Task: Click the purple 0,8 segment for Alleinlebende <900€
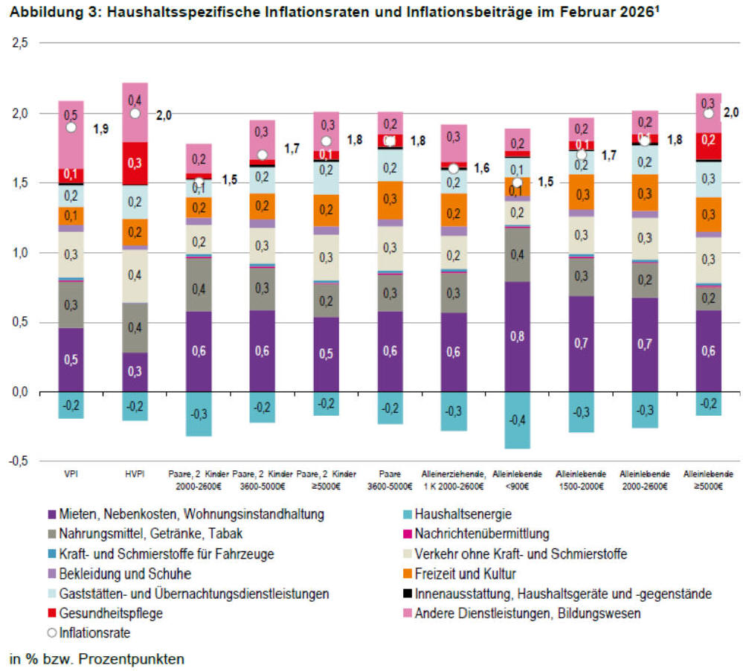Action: click(x=518, y=336)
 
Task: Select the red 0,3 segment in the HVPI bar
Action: click(x=135, y=163)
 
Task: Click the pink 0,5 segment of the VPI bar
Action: click(x=71, y=117)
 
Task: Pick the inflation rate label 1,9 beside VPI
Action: click(x=101, y=129)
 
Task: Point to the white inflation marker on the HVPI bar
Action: click(x=135, y=113)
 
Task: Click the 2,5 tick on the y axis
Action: click(x=20, y=44)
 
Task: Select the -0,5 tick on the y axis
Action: click(x=19, y=462)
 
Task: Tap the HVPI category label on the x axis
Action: click(x=135, y=473)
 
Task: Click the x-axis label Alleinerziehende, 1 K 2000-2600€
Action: click(x=454, y=480)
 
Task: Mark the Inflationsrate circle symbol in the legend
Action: click(x=51, y=634)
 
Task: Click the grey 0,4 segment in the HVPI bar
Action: click(x=135, y=327)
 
